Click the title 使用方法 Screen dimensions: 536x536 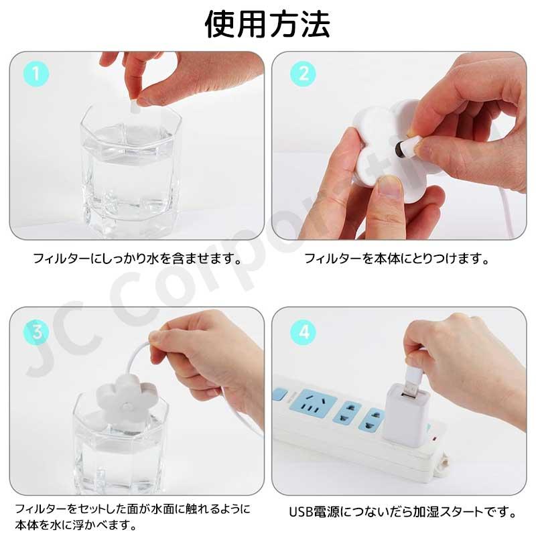[268, 25]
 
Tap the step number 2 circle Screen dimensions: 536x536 [303, 74]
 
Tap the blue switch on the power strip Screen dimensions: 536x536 [280, 395]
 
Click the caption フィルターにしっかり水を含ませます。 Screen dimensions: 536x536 [137, 258]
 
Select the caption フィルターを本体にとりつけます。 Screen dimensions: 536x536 [397, 258]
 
